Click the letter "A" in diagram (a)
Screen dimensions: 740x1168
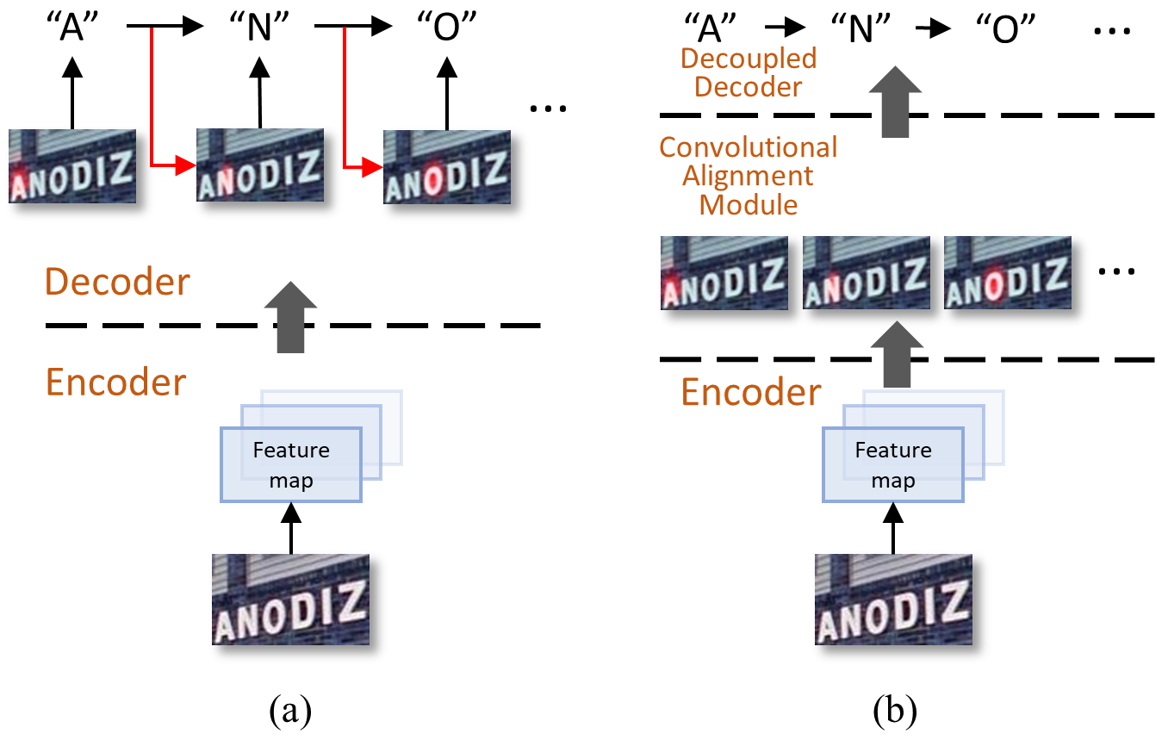click(72, 29)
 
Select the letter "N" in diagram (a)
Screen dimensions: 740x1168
click(260, 29)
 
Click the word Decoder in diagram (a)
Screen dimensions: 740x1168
click(117, 282)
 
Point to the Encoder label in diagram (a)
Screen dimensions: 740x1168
click(115, 382)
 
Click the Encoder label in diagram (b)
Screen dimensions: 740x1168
click(751, 392)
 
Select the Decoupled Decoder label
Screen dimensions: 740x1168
click(748, 73)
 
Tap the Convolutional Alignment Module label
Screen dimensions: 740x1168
click(748, 176)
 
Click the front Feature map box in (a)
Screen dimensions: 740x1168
click(291, 465)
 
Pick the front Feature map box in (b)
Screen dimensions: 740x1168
click(893, 465)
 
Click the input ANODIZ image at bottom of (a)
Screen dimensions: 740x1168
click(291, 600)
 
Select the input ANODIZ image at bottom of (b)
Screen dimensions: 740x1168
click(893, 600)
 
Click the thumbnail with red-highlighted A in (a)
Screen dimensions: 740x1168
click(72, 166)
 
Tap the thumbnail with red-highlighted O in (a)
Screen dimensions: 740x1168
click(446, 166)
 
